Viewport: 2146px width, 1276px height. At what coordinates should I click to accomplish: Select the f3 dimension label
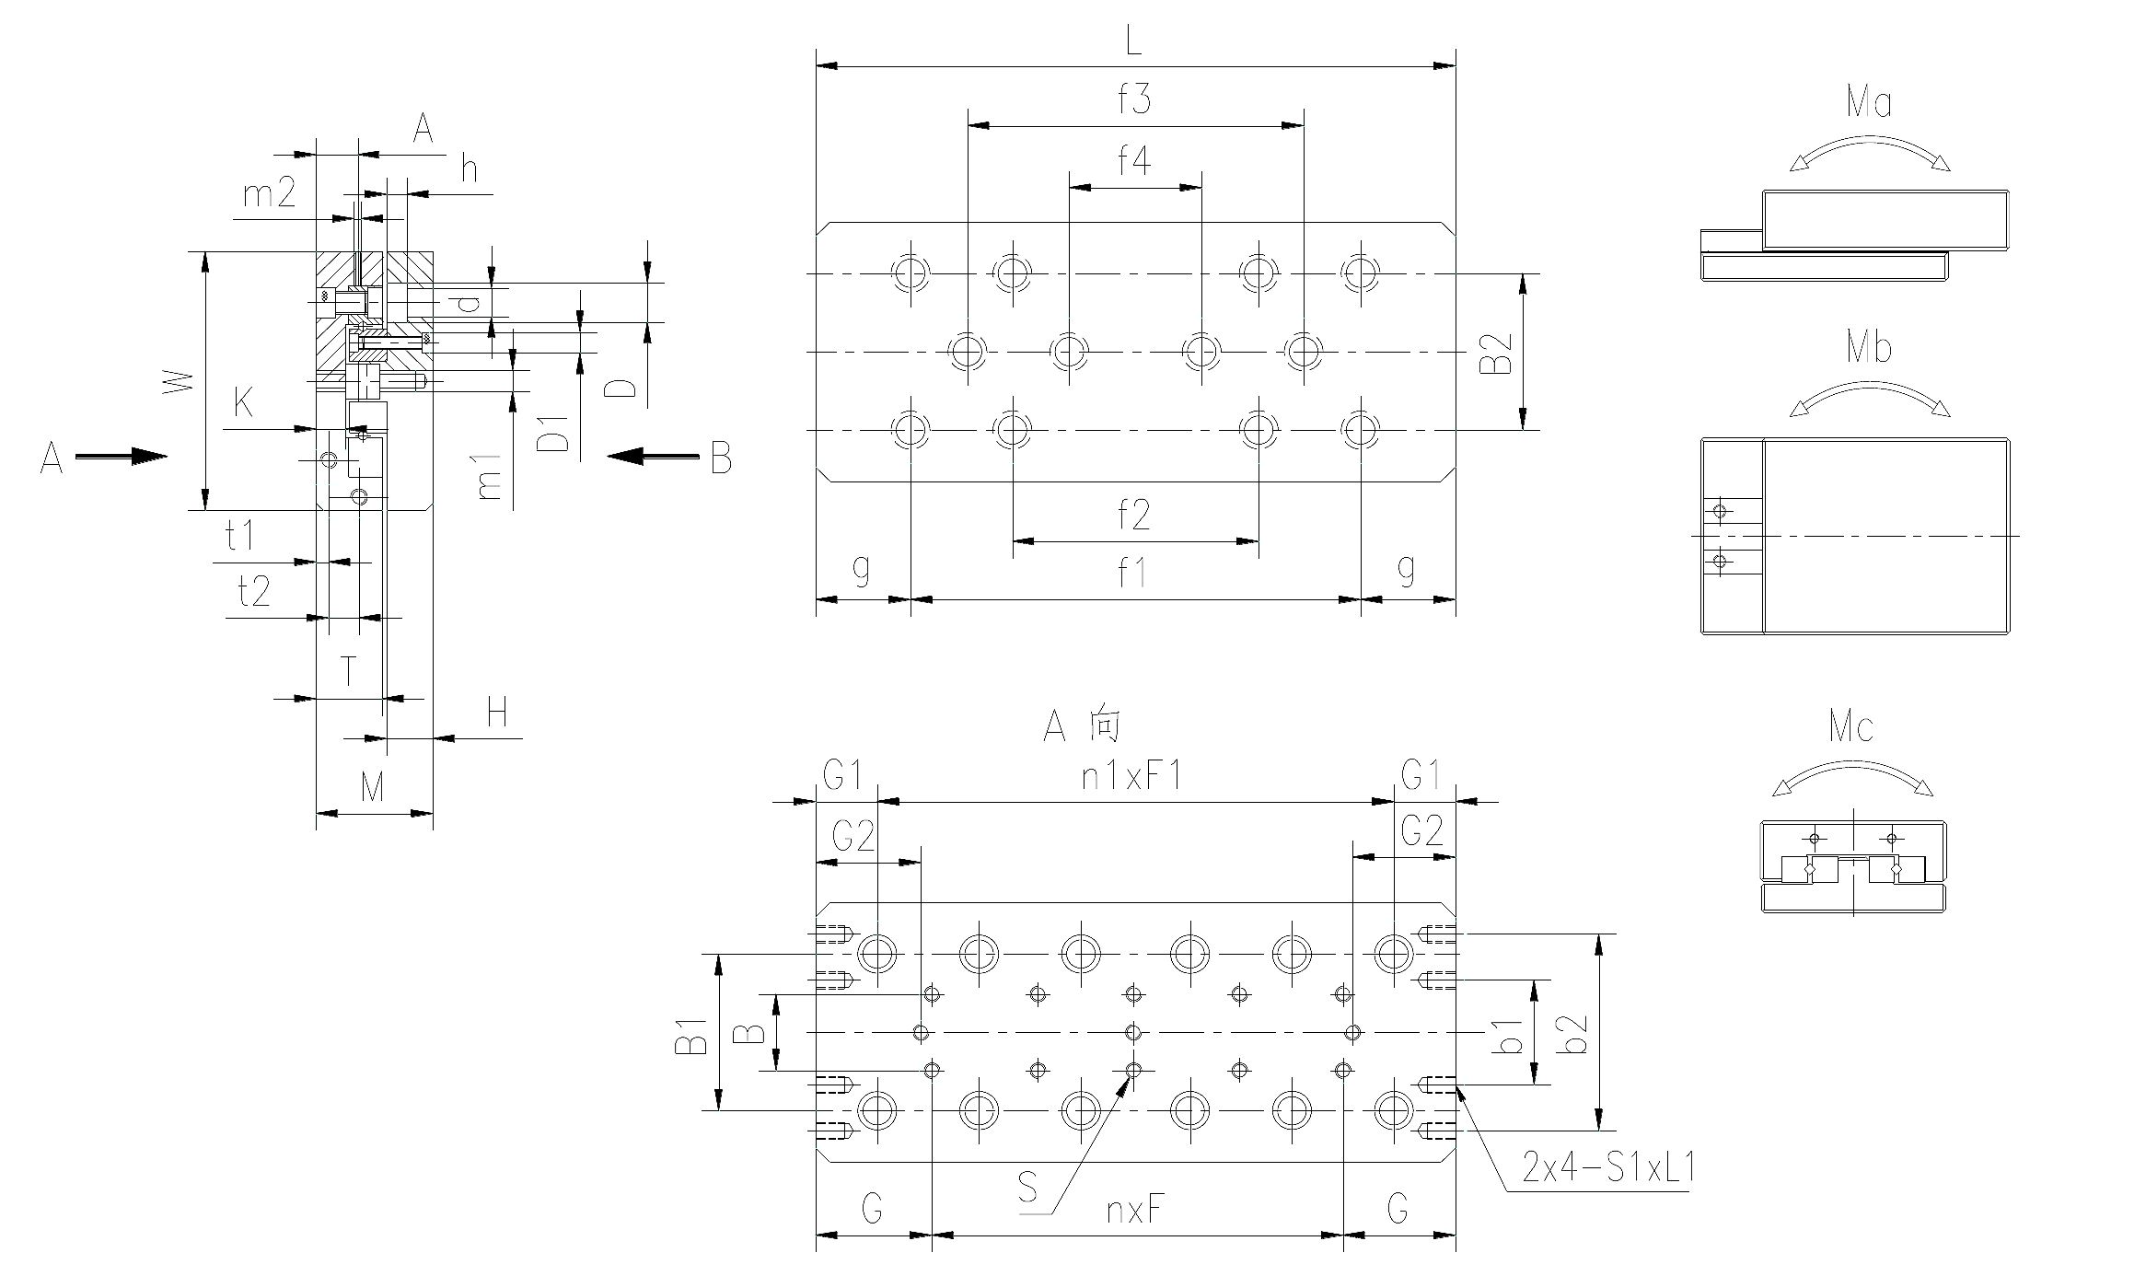click(1134, 99)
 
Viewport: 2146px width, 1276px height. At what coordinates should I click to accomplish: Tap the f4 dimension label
click(1134, 160)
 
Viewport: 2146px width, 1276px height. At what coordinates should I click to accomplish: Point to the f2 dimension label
click(1134, 515)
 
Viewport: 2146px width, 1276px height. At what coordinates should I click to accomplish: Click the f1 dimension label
click(1131, 573)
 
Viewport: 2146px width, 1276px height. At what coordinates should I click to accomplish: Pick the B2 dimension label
click(1496, 353)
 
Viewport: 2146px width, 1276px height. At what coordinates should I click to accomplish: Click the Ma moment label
click(1869, 101)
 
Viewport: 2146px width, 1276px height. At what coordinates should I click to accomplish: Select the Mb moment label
click(1869, 348)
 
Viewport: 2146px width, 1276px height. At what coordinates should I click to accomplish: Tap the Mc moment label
click(1851, 727)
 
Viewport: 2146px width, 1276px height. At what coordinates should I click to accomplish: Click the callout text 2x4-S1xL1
click(1608, 1167)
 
